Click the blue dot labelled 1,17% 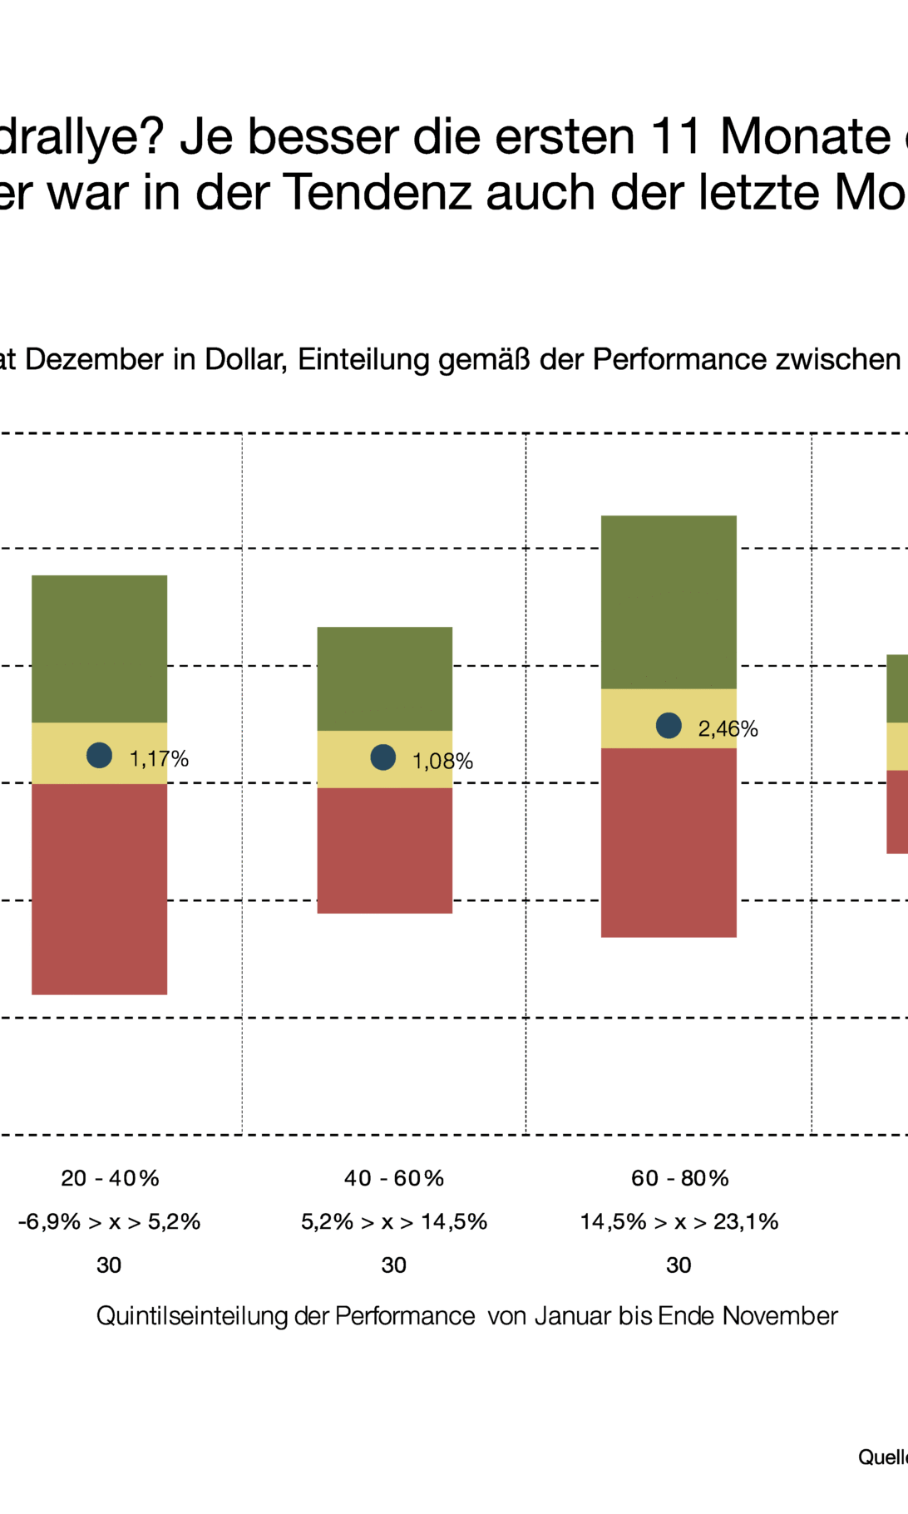100,755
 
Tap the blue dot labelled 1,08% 383,757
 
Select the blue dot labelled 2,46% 669,726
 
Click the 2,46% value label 728,729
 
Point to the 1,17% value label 159,758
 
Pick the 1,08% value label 442,761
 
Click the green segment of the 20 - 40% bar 100,649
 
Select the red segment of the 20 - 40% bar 100,888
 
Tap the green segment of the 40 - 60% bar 385,678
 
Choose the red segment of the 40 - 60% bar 385,850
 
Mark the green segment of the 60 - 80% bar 669,602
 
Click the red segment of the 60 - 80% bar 669,842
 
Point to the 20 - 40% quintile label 110,1178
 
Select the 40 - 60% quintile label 394,1178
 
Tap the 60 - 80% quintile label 679,1178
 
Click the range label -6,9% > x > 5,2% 109,1221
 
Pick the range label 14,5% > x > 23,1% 679,1221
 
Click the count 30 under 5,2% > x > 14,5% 394,1265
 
